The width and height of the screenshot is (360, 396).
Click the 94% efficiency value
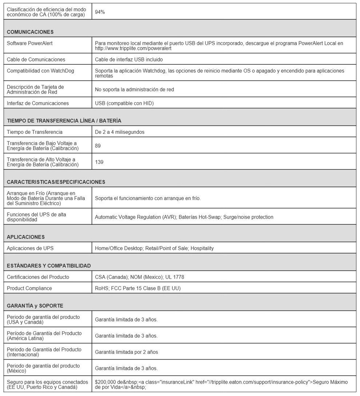[100, 12]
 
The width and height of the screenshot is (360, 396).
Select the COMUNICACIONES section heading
[30, 32]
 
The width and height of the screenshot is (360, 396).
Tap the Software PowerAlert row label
[30, 43]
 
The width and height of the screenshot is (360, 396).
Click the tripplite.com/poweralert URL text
[133, 48]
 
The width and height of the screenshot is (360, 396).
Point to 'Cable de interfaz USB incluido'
[129, 60]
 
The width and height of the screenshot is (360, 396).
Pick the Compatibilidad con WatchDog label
[40, 71]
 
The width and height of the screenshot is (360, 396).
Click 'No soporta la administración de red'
[134, 89]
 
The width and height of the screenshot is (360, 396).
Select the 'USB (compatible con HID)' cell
[124, 104]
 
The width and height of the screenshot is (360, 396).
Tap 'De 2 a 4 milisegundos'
[120, 132]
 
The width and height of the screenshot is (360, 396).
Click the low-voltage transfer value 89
[98, 146]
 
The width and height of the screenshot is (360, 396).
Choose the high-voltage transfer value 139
[99, 162]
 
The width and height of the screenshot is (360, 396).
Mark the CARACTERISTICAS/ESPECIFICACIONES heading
[56, 182]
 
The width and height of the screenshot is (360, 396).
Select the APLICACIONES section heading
[26, 237]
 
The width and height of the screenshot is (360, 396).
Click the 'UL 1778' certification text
[175, 277]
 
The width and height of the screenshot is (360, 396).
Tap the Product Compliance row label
[29, 288]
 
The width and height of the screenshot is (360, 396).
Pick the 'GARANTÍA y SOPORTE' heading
[35, 306]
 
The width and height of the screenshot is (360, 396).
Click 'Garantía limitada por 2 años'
[127, 352]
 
